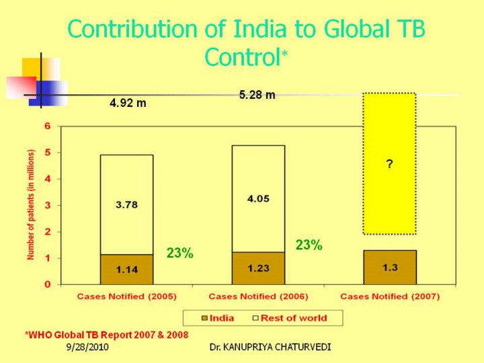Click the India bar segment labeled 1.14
(126, 270)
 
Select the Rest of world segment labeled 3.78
(126, 204)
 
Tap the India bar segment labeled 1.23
(258, 268)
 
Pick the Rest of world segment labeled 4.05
(258, 198)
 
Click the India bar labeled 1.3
(390, 268)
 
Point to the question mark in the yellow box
(390, 164)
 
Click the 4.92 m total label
(128, 104)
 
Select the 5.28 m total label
(257, 95)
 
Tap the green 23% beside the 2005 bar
(180, 253)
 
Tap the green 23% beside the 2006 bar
(309, 245)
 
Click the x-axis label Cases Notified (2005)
(126, 296)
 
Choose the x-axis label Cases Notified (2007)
(390, 296)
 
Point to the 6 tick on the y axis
(48, 126)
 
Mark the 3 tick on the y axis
(48, 205)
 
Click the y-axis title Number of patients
(31, 204)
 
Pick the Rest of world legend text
(294, 318)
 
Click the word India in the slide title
(266, 30)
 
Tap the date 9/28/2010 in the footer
(88, 347)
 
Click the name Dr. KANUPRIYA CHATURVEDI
(270, 347)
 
